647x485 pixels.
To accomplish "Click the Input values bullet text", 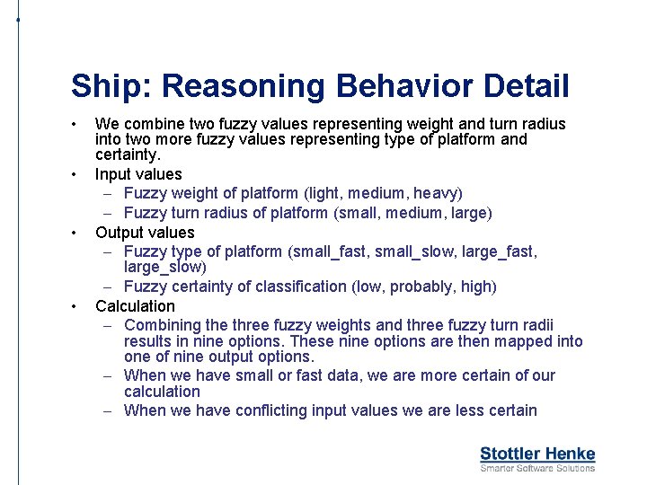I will point(138,174).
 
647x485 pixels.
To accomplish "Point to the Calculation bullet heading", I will point(135,306).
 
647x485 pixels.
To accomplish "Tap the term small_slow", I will point(416,252).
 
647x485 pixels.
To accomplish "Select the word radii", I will point(537,325).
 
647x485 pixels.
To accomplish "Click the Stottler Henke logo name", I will point(537,454).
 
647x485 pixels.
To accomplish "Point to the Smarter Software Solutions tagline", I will point(537,468).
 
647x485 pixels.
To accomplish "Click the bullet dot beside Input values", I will point(79,174).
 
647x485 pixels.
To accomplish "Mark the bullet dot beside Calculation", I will point(79,306).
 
